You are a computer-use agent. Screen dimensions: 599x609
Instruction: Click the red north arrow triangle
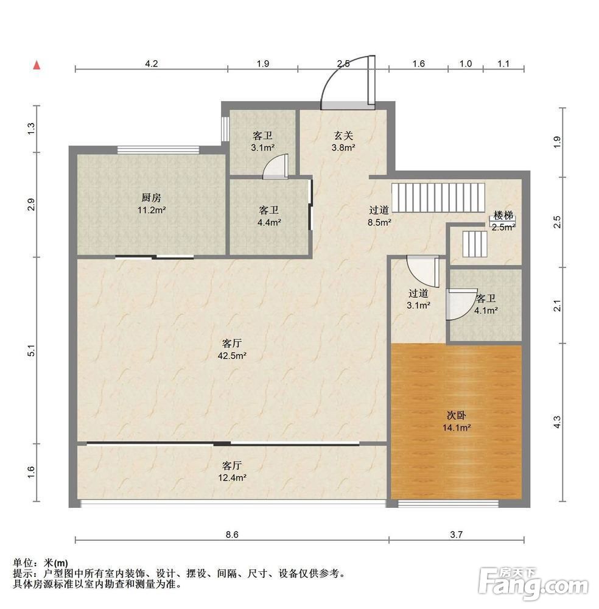pos(37,65)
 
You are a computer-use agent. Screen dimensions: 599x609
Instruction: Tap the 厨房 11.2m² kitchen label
pos(152,204)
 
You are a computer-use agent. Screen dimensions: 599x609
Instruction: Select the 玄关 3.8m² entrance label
pos(343,141)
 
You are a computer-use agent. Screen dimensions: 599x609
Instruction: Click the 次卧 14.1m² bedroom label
pos(457,421)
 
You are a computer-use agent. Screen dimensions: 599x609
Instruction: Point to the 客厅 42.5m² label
pos(232,349)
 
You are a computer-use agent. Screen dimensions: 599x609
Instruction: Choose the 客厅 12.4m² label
pos(232,471)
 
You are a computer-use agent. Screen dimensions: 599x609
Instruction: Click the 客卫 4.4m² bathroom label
pos(269,216)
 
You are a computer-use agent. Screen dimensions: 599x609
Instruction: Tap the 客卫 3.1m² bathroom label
pos(263,141)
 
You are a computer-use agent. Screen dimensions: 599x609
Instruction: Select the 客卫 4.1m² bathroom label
pos(486,304)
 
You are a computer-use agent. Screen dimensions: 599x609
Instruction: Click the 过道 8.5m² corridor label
pos(379,216)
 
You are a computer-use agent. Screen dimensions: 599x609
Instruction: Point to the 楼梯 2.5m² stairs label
pos(503,221)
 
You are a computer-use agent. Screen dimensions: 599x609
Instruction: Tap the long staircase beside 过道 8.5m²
pos(438,198)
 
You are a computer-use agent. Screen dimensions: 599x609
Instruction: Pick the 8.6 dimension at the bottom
pos(232,535)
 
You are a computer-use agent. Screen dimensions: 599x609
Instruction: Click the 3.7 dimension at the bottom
pos(457,535)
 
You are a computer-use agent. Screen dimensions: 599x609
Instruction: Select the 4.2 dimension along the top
pos(152,64)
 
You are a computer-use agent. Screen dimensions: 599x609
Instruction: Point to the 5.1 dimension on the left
pos(32,350)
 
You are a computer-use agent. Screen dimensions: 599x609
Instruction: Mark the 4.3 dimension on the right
pos(557,422)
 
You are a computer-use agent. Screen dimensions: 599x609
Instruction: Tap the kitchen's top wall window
pos(158,150)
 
